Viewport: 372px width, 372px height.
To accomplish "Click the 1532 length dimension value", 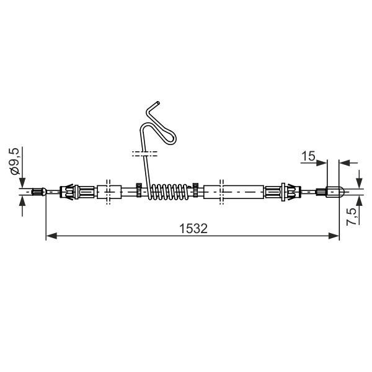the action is tap(193, 228).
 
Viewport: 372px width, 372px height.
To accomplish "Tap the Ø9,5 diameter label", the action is tap(14, 161).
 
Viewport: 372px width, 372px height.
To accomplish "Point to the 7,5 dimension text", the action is tap(352, 216).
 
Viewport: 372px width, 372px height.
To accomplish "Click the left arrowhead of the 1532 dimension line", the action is tap(51, 236).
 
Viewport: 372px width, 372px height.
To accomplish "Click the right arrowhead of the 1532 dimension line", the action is tap(334, 236).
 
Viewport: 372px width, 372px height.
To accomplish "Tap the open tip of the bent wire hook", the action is tap(157, 103).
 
